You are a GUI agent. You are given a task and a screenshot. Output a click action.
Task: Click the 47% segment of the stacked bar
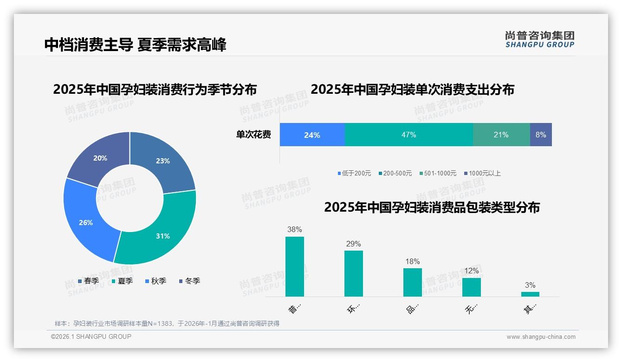(408, 135)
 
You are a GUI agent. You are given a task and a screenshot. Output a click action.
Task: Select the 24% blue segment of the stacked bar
(312, 135)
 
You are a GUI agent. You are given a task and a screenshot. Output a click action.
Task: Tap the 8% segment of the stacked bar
(541, 135)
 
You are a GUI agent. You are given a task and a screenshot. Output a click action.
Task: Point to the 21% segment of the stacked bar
(501, 135)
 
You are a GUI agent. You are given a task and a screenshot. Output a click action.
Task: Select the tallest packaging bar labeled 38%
(294, 266)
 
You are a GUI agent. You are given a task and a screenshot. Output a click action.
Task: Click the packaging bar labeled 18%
(412, 282)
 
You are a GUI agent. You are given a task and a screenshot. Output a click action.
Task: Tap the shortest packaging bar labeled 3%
(530, 294)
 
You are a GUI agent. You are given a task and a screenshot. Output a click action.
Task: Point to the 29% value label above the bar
(353, 244)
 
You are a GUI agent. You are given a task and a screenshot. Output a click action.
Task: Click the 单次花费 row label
(253, 135)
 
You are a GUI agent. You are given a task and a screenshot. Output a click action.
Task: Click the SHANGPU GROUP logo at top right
(539, 39)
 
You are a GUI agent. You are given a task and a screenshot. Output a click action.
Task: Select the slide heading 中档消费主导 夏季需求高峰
(136, 45)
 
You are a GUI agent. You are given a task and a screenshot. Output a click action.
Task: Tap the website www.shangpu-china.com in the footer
(541, 336)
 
